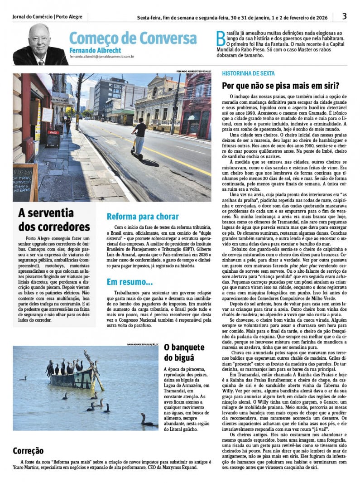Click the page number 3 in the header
[x=344, y=16]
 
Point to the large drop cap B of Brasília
[x=220, y=39]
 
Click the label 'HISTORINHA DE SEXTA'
[x=248, y=73]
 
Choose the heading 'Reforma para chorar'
[x=143, y=217]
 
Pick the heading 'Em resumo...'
[x=130, y=282]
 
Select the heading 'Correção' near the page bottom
[x=29, y=450]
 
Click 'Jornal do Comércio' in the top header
[x=32, y=17]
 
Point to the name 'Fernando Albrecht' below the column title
[x=95, y=50]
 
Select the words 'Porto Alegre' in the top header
[x=69, y=17]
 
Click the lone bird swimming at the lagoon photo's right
[x=146, y=422]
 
